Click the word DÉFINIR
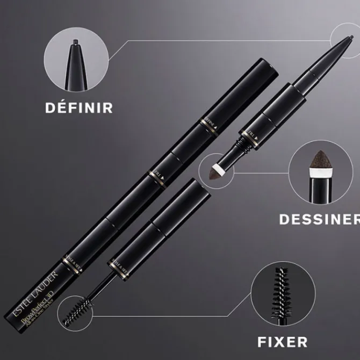(x=78, y=107)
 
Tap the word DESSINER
(x=319, y=219)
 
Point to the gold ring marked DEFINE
(x=209, y=123)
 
